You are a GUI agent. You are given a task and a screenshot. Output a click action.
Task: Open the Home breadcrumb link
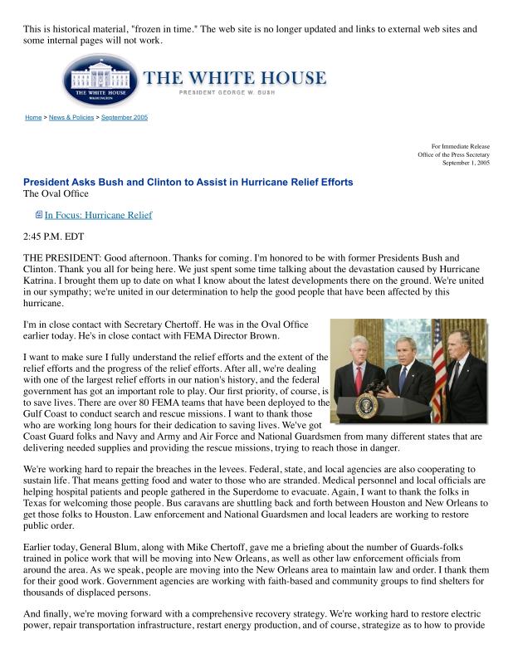coord(33,118)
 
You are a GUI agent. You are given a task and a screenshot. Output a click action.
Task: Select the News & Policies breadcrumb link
coord(71,118)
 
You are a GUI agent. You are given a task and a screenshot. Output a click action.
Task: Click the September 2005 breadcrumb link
coord(124,118)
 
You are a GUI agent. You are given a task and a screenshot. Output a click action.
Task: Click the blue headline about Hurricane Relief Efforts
coord(188,182)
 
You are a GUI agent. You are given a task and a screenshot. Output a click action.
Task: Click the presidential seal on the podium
coord(365,406)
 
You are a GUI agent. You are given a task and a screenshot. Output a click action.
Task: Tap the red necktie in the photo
coord(359,379)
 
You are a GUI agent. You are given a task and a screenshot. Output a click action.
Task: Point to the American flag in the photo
coord(437,365)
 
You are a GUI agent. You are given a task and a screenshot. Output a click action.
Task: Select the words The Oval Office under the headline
coord(56,194)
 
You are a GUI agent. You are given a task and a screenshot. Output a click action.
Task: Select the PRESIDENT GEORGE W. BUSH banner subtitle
coord(234,93)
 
